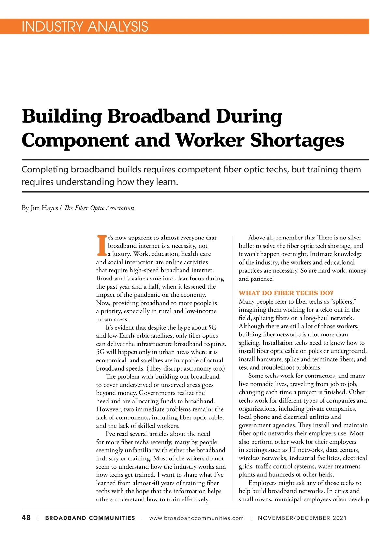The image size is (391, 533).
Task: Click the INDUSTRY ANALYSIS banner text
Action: click(85, 26)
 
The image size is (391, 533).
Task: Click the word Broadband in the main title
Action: click(159, 116)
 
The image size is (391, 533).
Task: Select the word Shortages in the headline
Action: click(297, 140)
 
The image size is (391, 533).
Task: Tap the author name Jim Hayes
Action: click(44, 208)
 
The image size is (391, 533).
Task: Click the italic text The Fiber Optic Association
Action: click(99, 208)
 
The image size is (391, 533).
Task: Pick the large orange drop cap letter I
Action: click(102, 245)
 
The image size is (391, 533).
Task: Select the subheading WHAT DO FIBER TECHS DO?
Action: click(286, 293)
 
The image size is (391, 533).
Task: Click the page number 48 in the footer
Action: click(26, 518)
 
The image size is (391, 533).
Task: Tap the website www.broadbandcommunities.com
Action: click(196, 518)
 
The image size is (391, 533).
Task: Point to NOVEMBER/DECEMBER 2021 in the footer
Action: click(302, 518)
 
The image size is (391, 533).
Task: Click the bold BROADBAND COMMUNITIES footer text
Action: click(90, 518)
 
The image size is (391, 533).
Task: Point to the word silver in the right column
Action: click(355, 238)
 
